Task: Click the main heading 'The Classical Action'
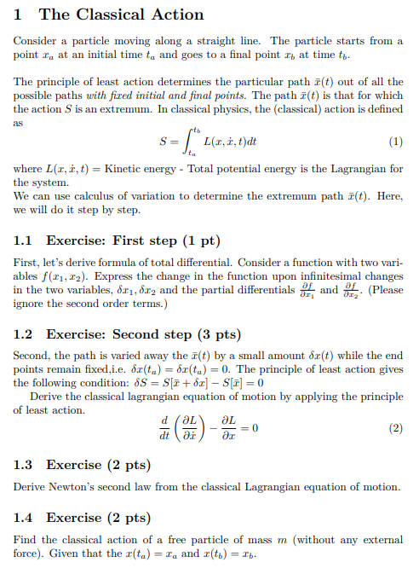121,14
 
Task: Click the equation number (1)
395,142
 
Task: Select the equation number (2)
395,428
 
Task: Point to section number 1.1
25,240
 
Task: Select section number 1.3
25,465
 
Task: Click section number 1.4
25,518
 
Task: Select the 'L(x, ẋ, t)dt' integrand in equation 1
228,142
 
